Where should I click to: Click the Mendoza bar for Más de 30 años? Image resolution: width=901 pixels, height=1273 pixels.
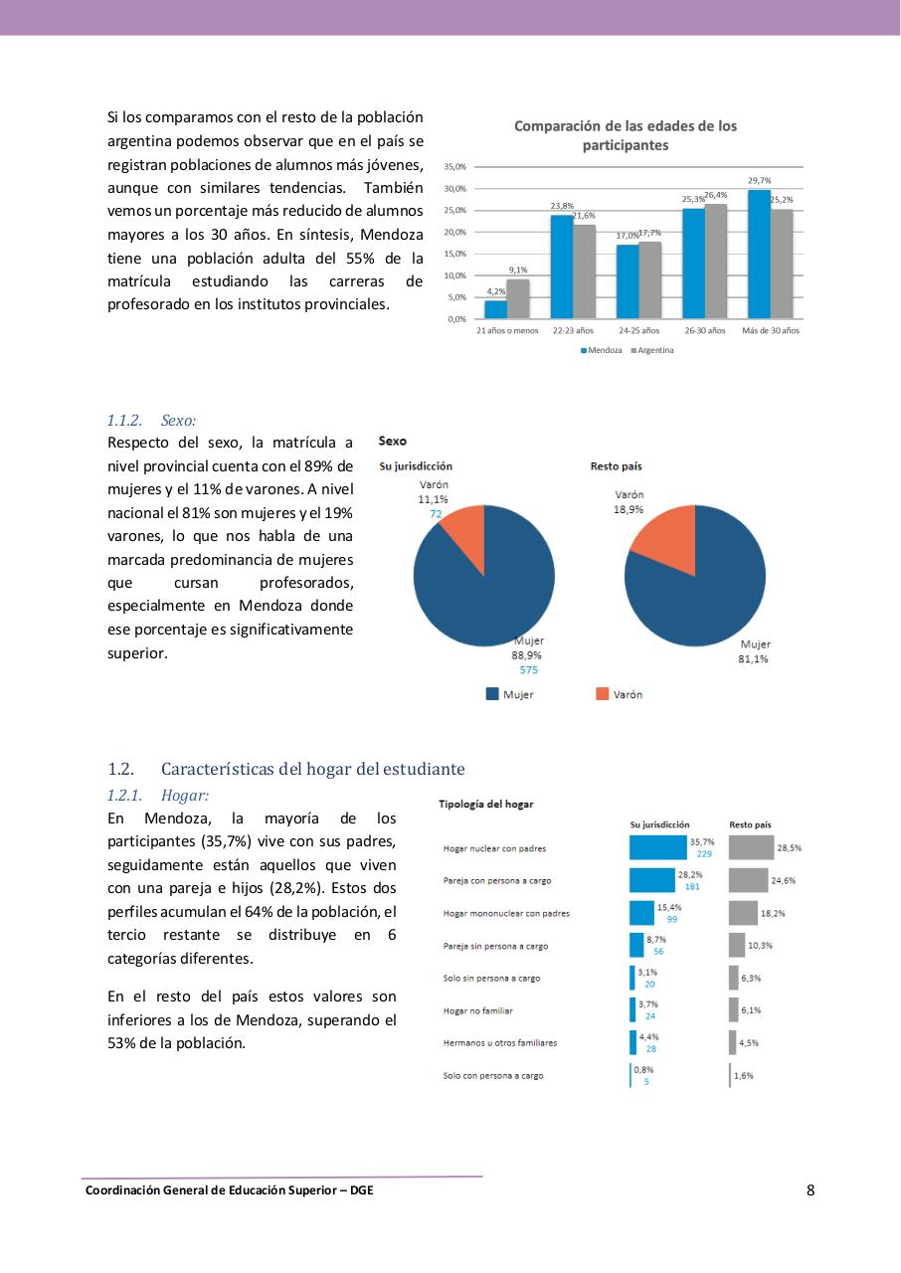[759, 254]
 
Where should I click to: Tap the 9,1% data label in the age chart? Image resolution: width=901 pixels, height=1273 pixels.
[518, 270]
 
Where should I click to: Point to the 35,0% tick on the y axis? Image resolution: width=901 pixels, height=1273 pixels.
[454, 167]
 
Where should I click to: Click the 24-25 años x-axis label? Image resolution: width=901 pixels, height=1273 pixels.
[638, 330]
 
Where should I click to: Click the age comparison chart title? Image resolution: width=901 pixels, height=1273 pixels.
[625, 135]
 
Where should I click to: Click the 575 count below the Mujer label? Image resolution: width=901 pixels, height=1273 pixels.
[528, 670]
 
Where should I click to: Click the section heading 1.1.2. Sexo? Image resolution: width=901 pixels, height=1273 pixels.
[151, 422]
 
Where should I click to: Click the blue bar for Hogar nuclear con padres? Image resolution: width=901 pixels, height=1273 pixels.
[657, 847]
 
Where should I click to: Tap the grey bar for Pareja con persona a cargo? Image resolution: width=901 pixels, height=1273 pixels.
[748, 880]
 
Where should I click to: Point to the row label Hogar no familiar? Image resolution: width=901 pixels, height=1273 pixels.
[477, 1010]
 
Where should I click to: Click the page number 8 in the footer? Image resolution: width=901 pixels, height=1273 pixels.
[811, 1190]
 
